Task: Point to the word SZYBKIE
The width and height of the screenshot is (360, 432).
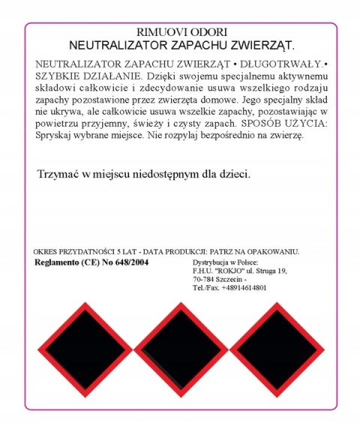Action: [56, 76]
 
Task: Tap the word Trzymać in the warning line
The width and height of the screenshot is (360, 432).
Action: [58, 174]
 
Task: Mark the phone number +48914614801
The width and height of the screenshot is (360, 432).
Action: [241, 288]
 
